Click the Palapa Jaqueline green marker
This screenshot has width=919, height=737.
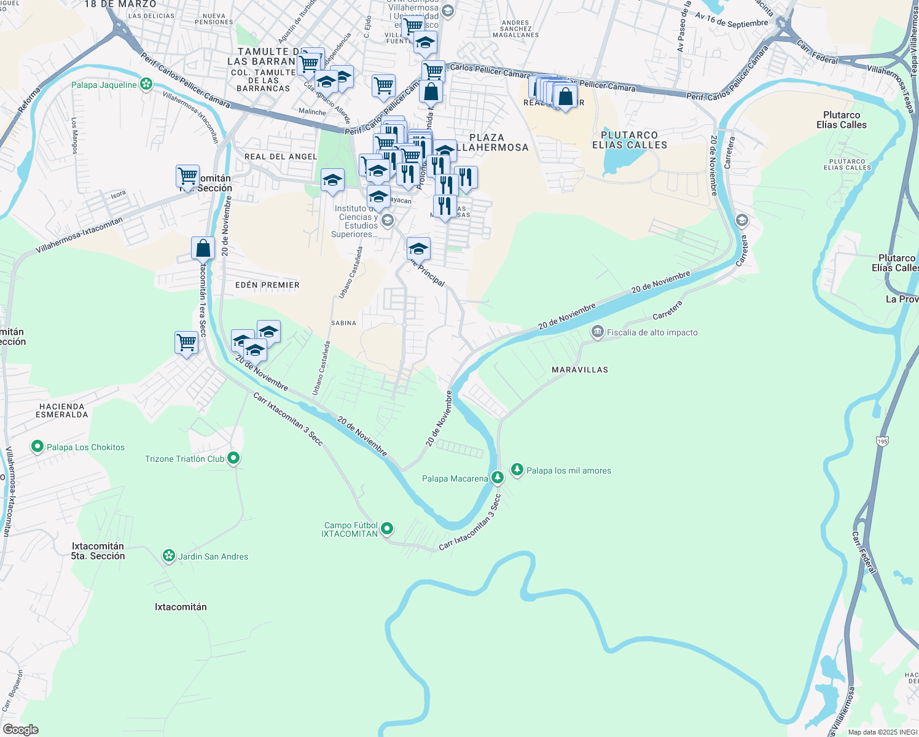(146, 84)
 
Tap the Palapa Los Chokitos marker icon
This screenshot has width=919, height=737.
(37, 446)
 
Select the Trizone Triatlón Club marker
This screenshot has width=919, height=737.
(233, 458)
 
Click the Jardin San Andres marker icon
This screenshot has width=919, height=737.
(168, 556)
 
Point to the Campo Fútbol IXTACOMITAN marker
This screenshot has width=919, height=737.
(387, 528)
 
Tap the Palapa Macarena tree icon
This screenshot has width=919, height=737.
(497, 477)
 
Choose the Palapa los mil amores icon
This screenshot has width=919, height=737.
(517, 470)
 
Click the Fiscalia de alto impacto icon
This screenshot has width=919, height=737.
(597, 332)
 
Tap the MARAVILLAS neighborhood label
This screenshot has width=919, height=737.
(580, 370)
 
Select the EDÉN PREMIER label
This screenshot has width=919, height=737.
(267, 285)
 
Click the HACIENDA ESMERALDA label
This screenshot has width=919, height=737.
(62, 410)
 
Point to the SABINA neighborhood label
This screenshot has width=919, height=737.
(343, 323)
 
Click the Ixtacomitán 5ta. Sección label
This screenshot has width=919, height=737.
(98, 551)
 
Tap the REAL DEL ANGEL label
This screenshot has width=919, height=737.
(281, 157)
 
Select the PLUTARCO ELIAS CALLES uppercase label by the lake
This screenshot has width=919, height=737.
(629, 140)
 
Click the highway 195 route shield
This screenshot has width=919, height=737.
(883, 441)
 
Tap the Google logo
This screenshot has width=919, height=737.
(20, 730)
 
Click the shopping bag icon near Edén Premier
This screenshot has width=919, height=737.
(203, 249)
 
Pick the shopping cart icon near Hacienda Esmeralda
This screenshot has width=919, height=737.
(186, 342)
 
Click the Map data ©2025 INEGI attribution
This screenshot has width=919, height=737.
(882, 732)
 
